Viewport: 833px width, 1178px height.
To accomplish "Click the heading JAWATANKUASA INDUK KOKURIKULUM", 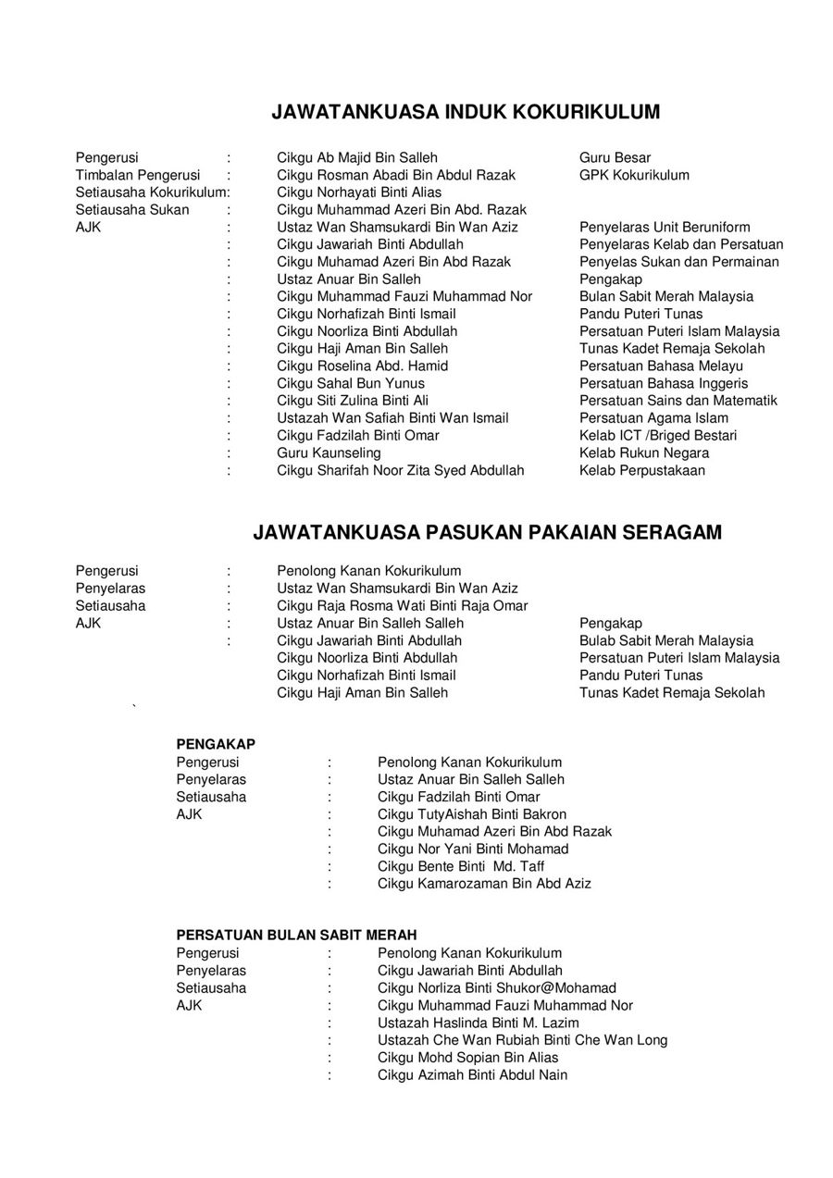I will pos(466,112).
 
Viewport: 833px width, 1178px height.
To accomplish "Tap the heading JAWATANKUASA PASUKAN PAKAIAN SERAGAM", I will pos(487,533).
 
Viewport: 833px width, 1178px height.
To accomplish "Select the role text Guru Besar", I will pos(615,157).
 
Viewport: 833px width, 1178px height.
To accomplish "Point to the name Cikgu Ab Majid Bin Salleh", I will pos(357,157).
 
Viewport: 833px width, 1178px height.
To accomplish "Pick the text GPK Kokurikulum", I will pos(634,175).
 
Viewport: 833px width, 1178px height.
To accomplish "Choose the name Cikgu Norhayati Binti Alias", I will pos(359,192).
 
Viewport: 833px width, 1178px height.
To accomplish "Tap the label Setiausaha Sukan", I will pos(132,210).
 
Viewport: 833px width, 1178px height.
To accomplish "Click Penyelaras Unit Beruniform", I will pos(665,228).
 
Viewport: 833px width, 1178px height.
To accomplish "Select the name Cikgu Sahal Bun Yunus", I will pos(351,383).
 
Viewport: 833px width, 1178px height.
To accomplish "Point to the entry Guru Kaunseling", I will pos(329,453).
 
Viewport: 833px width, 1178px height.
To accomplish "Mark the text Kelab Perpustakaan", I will pos(642,470).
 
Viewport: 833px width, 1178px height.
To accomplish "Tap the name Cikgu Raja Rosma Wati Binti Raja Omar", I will pos(403,606).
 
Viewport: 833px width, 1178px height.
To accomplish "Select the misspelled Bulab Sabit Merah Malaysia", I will pos(666,640).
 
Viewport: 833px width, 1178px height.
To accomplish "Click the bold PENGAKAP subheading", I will pos(216,744).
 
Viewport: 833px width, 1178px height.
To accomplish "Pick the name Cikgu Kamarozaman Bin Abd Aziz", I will pos(484,884).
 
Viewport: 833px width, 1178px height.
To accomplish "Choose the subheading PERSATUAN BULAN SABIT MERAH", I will pos(296,936).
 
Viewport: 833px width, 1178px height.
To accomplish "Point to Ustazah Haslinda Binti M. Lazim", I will pos(479,1023).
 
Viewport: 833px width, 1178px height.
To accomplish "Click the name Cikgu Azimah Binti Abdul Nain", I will pos(472,1075).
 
